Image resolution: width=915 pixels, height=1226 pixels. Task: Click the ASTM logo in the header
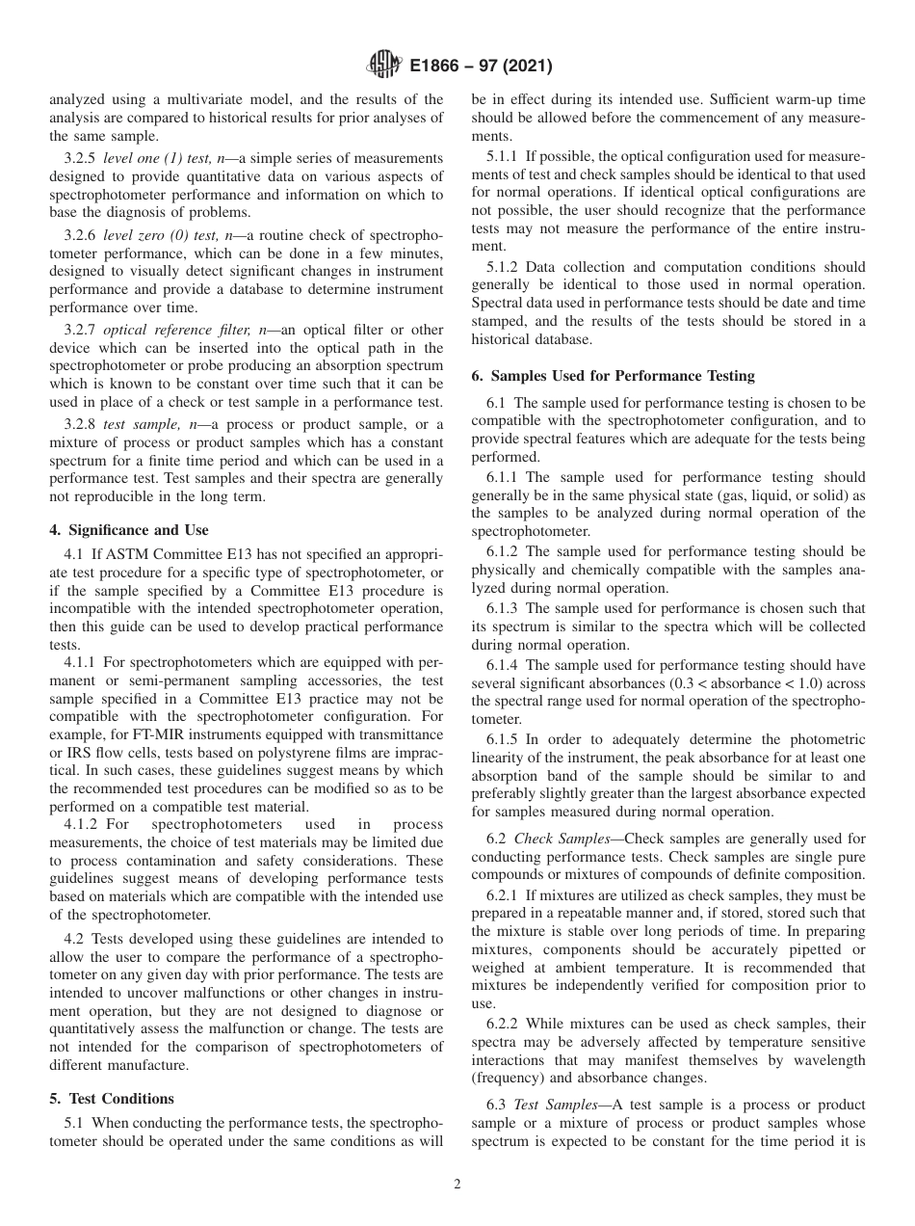click(383, 67)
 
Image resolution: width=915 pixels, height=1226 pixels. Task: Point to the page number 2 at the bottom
click(457, 1185)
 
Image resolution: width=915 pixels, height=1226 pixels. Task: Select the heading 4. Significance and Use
click(128, 530)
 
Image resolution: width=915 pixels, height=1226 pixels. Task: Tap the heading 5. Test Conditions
click(111, 1099)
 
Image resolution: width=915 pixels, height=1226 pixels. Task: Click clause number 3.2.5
click(81, 157)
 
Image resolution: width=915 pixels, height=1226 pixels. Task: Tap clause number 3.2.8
click(81, 427)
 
